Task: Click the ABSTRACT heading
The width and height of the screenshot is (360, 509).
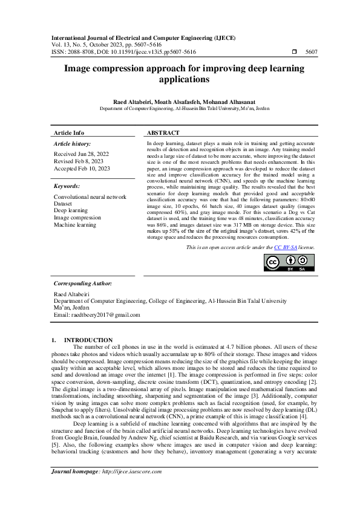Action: [163, 133]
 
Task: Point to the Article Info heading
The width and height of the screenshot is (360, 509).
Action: [69, 133]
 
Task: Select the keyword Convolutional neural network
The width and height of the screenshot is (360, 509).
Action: [90, 197]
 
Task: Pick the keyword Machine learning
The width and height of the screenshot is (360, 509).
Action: [75, 225]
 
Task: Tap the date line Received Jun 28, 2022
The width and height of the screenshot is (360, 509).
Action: [82, 154]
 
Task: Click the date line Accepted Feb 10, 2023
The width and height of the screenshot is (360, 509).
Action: [82, 169]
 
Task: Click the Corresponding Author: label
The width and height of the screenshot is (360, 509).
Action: [83, 283]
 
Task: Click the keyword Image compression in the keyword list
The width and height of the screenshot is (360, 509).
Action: [77, 218]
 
